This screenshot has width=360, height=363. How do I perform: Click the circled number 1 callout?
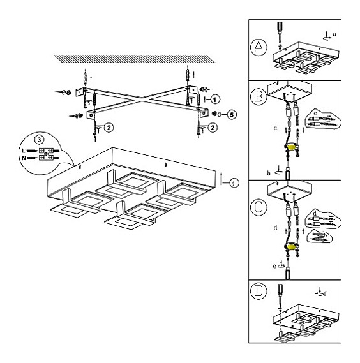coord(215,100)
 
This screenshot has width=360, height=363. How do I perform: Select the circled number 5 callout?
coord(232,114)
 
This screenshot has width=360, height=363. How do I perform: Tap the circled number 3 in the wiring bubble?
coord(39,140)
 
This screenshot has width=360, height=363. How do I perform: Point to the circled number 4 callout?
coord(234,183)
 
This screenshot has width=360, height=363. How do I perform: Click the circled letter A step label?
coord(259,47)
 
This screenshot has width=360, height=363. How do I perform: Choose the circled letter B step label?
coord(259,96)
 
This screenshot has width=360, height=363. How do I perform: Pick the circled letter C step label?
coord(259,207)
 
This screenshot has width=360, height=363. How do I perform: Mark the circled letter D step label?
coord(259,291)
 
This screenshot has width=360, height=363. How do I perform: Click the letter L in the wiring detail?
coord(24,151)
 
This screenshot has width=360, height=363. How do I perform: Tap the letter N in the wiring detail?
coord(24,158)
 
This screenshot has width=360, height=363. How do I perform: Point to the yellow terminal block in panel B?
coord(292,147)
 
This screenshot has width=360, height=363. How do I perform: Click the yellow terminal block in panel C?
coord(292,248)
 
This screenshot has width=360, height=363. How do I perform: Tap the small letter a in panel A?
coord(334,34)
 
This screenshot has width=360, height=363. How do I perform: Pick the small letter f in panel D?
coord(326,293)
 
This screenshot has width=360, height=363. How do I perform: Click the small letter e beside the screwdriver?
coord(274,267)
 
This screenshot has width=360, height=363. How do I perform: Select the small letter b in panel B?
coord(269,173)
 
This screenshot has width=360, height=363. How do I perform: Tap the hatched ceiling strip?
coord(135,59)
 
